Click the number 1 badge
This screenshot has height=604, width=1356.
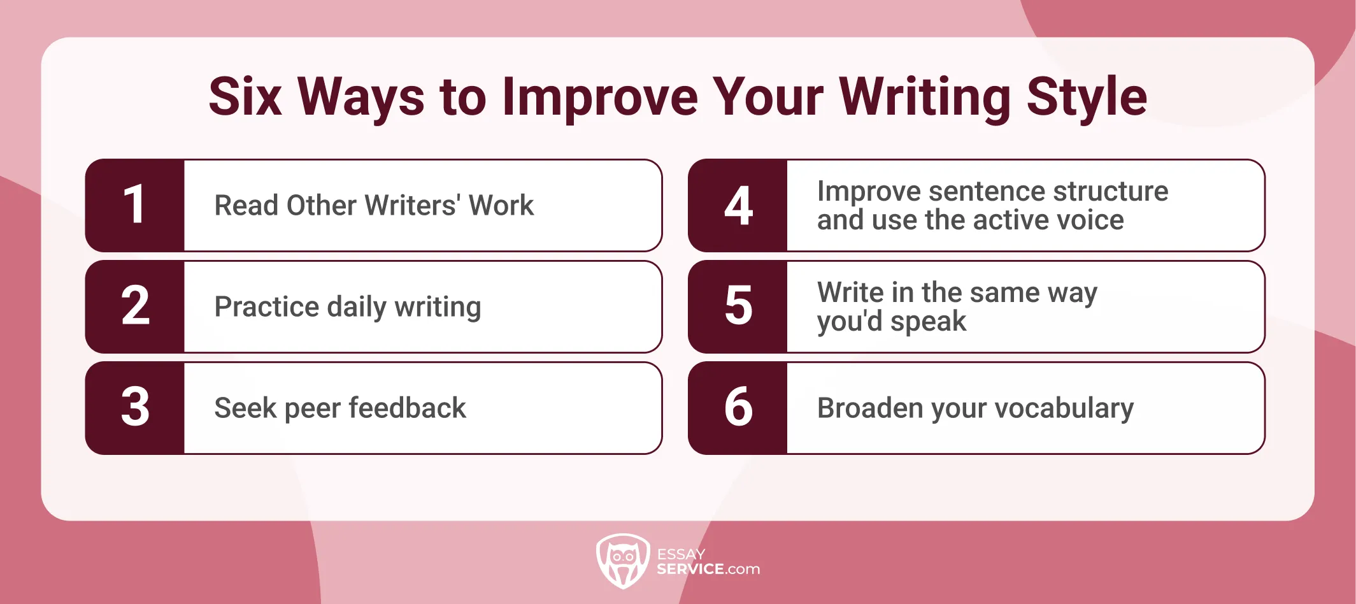[134, 205]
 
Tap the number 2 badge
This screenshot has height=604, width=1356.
[134, 306]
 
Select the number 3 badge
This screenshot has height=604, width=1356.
[134, 408]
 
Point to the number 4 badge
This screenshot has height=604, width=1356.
[738, 205]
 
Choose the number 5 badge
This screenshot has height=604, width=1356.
[738, 306]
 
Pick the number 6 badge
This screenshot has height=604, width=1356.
[738, 408]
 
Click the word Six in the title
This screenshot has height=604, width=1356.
[245, 97]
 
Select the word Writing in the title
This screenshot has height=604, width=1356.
[925, 97]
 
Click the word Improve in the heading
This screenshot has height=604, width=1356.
[600, 97]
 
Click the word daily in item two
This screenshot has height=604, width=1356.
[357, 307]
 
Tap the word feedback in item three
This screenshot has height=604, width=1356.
[408, 408]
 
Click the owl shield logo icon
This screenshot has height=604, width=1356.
[623, 561]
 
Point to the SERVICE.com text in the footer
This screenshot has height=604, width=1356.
[708, 569]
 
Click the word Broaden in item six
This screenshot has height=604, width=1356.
[870, 408]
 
